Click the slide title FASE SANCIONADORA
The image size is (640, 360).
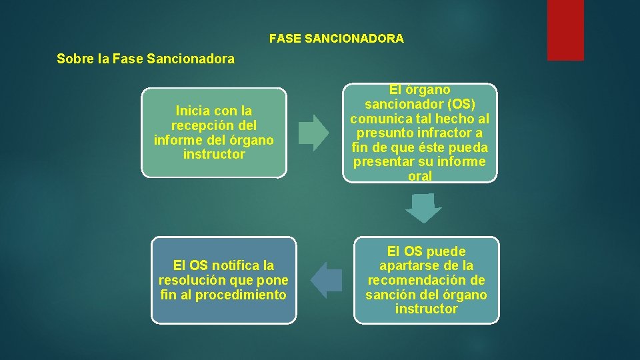(x=336, y=39)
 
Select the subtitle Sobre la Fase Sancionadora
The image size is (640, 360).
(x=146, y=59)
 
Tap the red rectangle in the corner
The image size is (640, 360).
(x=565, y=30)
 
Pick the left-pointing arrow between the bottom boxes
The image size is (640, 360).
(x=326, y=280)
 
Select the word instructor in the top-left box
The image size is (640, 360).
(x=213, y=155)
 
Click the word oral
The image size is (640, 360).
(x=420, y=177)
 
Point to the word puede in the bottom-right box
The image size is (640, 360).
(x=444, y=251)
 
